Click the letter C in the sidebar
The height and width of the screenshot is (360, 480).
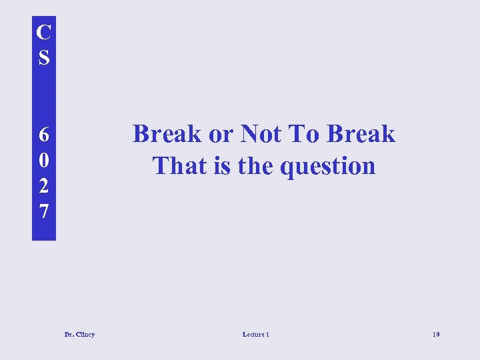[43, 31]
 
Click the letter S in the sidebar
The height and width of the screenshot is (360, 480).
[43, 57]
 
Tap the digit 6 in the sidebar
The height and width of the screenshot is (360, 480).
[43, 135]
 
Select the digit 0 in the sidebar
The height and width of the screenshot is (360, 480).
[43, 161]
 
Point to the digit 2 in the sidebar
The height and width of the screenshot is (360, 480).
[43, 186]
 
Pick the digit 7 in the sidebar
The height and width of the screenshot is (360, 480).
[43, 212]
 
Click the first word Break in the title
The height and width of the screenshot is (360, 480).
[167, 134]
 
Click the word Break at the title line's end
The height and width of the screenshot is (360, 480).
[362, 134]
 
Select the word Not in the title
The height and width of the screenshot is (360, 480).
[261, 134]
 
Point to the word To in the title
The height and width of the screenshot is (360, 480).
[304, 134]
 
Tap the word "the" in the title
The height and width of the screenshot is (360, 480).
[255, 165]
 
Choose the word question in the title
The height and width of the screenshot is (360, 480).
[327, 167]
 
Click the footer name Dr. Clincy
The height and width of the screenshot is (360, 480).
[79, 334]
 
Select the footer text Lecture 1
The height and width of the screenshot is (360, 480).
[256, 334]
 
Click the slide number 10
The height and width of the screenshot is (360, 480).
[435, 334]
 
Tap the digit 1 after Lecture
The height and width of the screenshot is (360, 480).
[267, 334]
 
